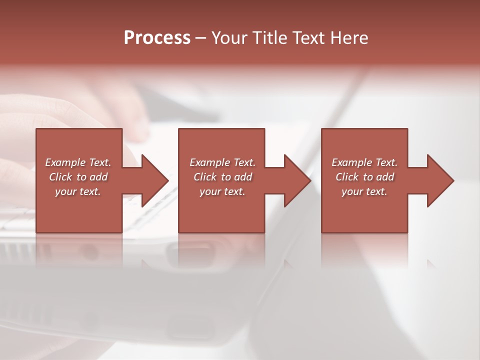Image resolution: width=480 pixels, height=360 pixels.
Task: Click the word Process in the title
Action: [x=157, y=38]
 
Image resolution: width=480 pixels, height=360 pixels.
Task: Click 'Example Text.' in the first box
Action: [x=78, y=162]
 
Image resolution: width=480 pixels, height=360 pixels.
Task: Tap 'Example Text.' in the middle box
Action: [x=222, y=162]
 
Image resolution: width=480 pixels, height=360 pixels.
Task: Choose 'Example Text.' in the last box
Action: [x=364, y=162]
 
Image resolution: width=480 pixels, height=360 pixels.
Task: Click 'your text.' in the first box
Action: [x=78, y=191]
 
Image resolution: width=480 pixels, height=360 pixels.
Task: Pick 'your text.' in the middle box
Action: [x=222, y=191]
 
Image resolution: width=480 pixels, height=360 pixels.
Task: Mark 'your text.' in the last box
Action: [x=364, y=191]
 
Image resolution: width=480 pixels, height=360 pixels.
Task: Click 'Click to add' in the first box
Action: [x=78, y=177]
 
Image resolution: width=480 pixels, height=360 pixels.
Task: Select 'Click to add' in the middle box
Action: [x=222, y=177]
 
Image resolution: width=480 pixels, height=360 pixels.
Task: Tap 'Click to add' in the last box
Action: [x=364, y=177]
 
